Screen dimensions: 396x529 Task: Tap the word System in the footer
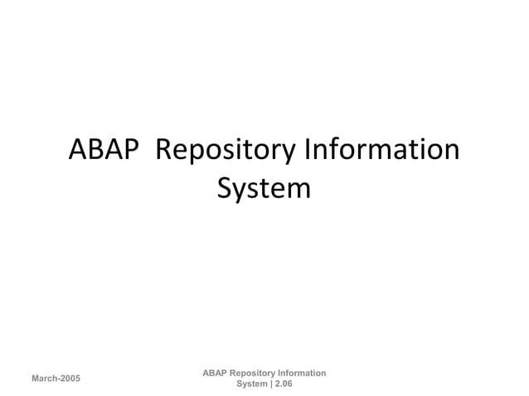coord(251,384)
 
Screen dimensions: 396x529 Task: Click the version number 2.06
coord(283,384)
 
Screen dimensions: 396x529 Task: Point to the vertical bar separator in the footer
coord(270,384)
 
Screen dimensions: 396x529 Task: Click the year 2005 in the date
coord(70,379)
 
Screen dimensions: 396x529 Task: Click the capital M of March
coord(35,379)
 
